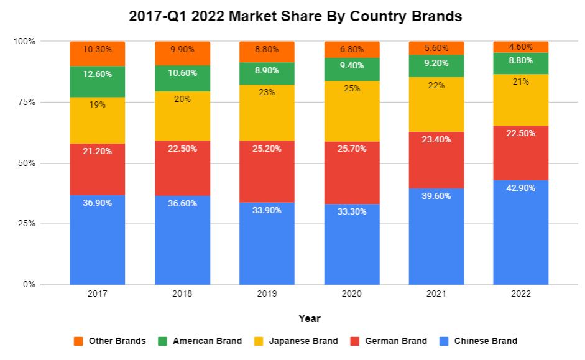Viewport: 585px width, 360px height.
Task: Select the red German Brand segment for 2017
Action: click(97, 169)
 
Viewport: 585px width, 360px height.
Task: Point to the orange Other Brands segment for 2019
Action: click(267, 52)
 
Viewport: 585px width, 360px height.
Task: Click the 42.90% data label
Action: click(521, 188)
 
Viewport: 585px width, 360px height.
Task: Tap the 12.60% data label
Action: click(97, 75)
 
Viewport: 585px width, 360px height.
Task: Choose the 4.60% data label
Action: click(521, 46)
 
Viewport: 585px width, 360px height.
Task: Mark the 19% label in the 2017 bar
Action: click(97, 104)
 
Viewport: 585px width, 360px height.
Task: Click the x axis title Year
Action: click(309, 318)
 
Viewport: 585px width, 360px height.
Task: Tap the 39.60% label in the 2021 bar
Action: click(436, 196)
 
